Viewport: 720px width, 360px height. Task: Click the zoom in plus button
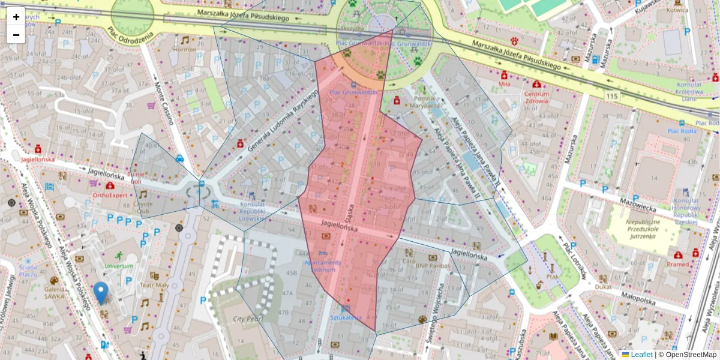pyautogui.click(x=16, y=17)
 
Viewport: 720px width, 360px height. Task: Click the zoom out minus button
pyautogui.click(x=16, y=35)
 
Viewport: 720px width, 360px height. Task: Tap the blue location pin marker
pyautogui.click(x=101, y=293)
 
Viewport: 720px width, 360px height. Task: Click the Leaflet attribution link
pyautogui.click(x=641, y=355)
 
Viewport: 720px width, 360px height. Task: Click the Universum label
pyautogui.click(x=119, y=266)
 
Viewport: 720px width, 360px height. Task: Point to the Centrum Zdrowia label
pyautogui.click(x=536, y=97)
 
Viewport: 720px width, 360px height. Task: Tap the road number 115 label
pyautogui.click(x=611, y=96)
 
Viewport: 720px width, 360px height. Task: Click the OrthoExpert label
pyautogui.click(x=110, y=195)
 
